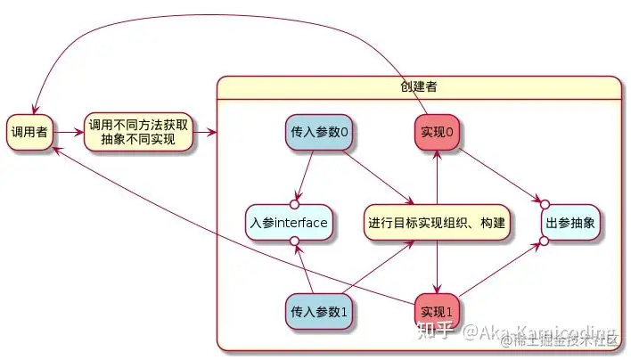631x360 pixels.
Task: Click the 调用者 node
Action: tap(29, 133)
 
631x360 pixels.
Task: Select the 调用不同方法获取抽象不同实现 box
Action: tap(137, 133)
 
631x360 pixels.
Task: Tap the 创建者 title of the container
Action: tap(419, 86)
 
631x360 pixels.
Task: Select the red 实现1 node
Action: tap(437, 311)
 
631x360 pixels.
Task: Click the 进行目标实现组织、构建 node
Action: tap(438, 222)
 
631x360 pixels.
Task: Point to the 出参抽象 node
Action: tap(570, 222)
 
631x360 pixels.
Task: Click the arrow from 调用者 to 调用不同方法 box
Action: tap(68, 133)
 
